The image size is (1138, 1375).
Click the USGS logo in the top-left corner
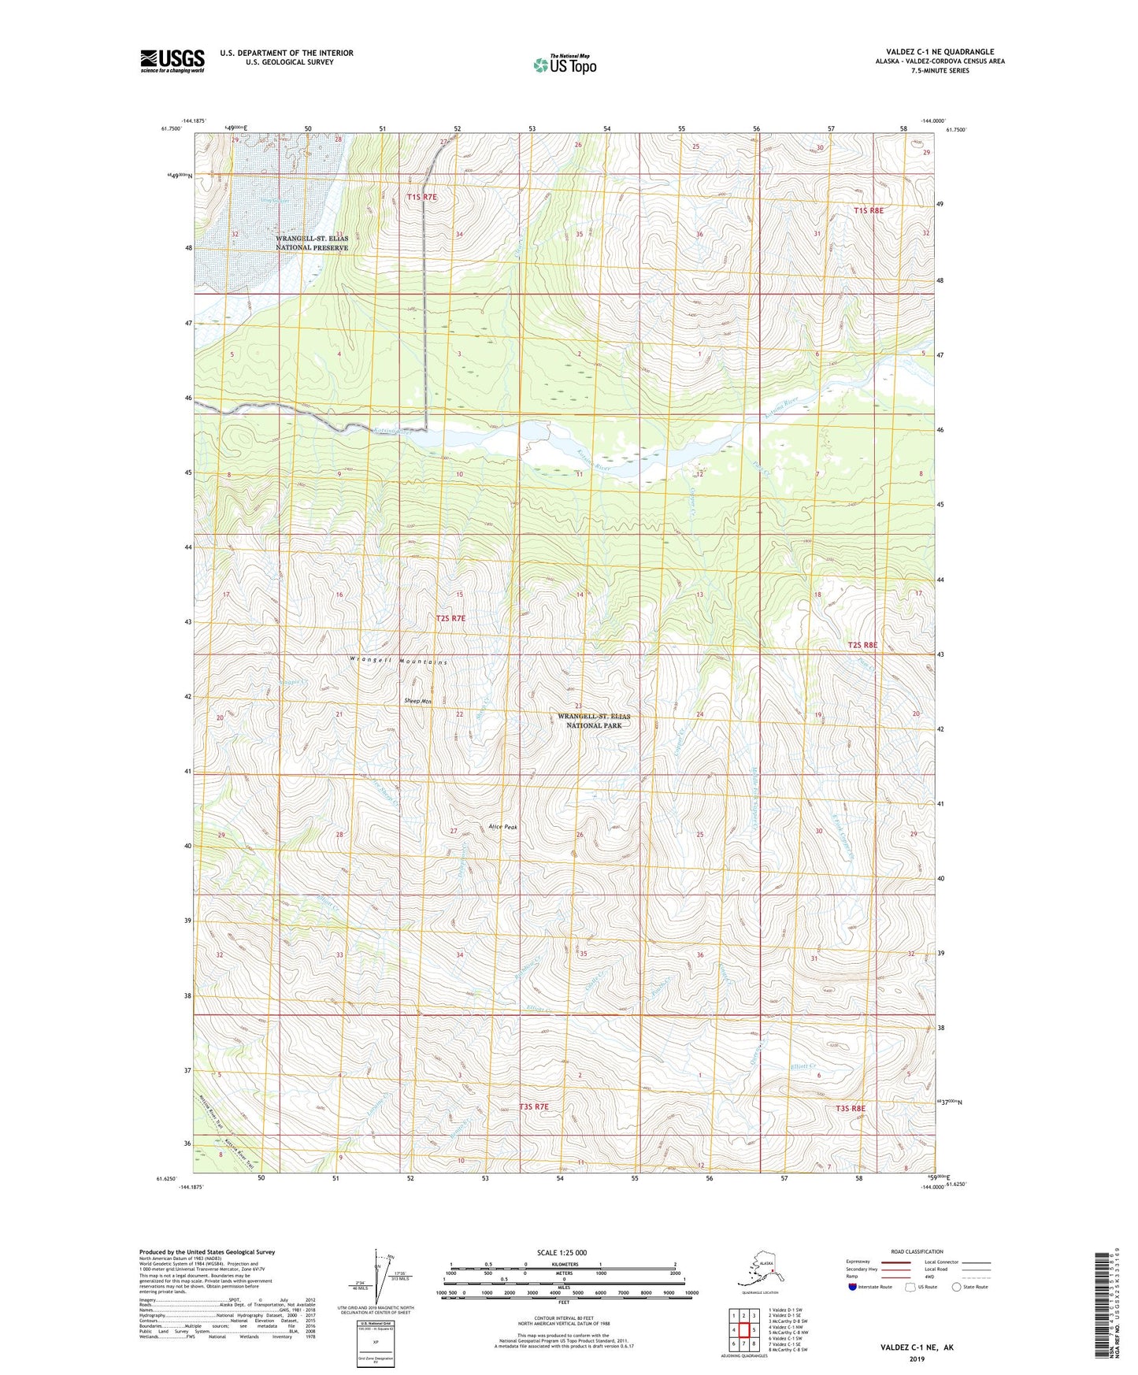[172, 61]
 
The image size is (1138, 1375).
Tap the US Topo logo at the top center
[564, 65]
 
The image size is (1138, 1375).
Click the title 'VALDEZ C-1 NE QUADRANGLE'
[940, 52]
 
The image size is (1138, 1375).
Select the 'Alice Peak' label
[502, 827]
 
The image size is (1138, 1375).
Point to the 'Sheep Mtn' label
[417, 700]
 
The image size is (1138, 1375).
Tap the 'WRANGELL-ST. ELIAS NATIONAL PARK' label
[594, 721]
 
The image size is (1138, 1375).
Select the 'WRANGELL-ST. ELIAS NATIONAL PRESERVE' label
[311, 243]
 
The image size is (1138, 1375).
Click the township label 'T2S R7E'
[450, 618]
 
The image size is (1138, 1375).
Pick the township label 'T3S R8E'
[850, 1108]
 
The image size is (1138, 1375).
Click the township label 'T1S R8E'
[869, 210]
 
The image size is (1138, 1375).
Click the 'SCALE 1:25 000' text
[562, 1252]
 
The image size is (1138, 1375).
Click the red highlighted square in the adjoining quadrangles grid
[743, 1330]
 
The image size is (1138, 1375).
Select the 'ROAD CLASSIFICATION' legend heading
[917, 1251]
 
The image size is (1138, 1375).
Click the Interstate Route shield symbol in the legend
[852, 1287]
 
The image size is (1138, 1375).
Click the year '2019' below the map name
[916, 1358]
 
